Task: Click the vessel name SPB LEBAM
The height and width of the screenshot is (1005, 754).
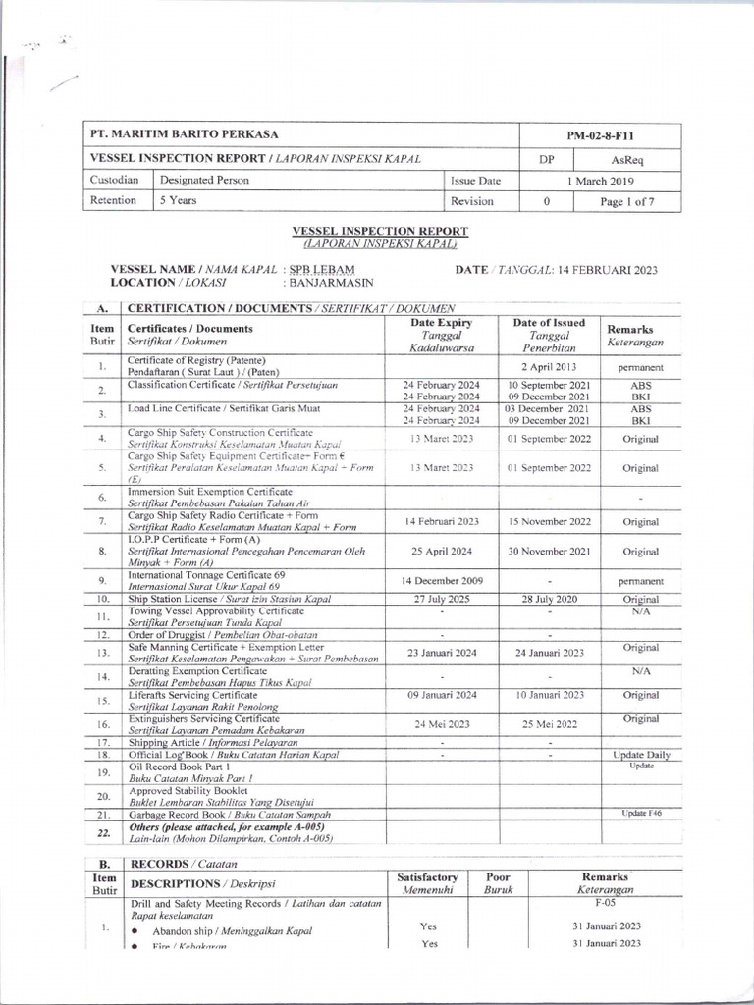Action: [322, 269]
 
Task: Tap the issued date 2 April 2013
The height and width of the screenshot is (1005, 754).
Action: [548, 367]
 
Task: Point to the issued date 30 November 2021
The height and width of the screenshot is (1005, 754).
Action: [548, 552]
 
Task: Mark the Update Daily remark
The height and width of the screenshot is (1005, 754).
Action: [641, 755]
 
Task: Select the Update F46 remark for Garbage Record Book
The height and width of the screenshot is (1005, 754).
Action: [641, 814]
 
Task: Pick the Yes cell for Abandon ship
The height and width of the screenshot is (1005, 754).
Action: [428, 926]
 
